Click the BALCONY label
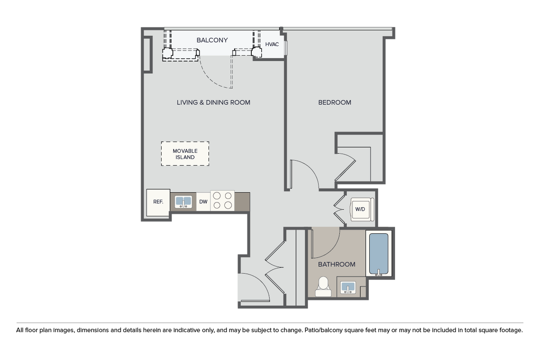pyautogui.click(x=212, y=40)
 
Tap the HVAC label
pyautogui.click(x=272, y=44)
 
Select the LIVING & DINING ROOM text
pyautogui.click(x=213, y=102)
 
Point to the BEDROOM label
pyautogui.click(x=334, y=102)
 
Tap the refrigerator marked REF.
pyautogui.click(x=158, y=203)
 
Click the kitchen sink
pyautogui.click(x=183, y=202)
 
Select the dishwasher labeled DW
pyautogui.click(x=203, y=202)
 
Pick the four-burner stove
pyautogui.click(x=222, y=201)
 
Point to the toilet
pyautogui.click(x=323, y=287)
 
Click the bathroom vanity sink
pyautogui.click(x=348, y=287)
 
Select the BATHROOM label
pyautogui.click(x=337, y=264)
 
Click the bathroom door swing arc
pyautogui.click(x=333, y=251)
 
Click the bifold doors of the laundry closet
pyautogui.click(x=339, y=209)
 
